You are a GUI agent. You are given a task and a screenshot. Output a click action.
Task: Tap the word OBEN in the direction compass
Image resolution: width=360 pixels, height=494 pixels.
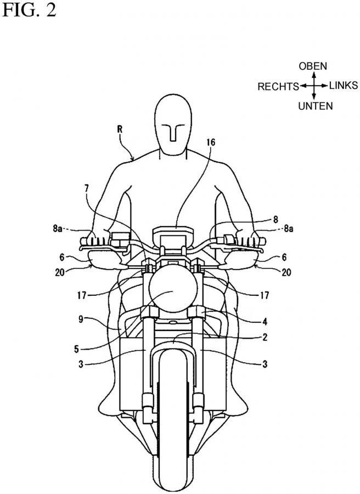pyautogui.click(x=313, y=66)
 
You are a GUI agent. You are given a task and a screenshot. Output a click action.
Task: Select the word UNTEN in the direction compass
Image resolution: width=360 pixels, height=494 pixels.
pyautogui.click(x=315, y=106)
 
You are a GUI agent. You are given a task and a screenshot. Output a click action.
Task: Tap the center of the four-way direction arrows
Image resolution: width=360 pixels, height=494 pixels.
pyautogui.click(x=313, y=86)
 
